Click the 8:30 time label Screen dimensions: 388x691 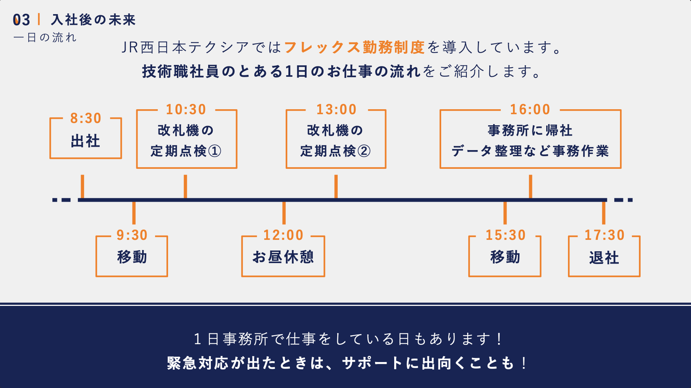[x=86, y=118]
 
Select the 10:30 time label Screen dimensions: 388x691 [x=186, y=110]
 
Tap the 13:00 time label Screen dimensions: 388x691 [x=336, y=110]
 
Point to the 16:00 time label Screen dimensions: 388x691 [x=530, y=110]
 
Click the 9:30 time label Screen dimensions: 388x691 [x=132, y=235]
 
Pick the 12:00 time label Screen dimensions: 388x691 [x=283, y=235]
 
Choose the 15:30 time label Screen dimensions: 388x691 [x=505, y=235]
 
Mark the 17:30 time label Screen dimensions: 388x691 [x=604, y=235]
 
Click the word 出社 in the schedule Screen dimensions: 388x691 [x=86, y=141]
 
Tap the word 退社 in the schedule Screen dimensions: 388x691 [x=604, y=257]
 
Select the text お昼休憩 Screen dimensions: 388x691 [x=283, y=257]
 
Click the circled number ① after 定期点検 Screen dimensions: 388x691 [x=215, y=151]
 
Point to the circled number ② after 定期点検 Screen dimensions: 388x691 [x=364, y=151]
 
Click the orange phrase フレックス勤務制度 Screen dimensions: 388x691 [x=354, y=47]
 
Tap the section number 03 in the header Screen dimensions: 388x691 [x=21, y=20]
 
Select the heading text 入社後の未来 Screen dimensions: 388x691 [x=94, y=20]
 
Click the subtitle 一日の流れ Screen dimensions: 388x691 [x=45, y=37]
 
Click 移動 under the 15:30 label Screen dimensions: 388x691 [x=505, y=257]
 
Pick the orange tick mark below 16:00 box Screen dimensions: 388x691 [x=530, y=186]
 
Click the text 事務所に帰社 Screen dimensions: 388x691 [x=530, y=131]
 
